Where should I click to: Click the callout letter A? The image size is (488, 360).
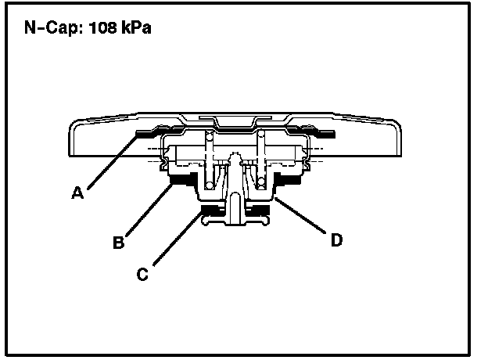tap(77, 193)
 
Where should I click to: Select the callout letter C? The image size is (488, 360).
tap(142, 274)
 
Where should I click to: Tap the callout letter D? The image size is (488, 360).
tap(335, 240)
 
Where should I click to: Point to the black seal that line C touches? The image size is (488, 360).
tap(210, 209)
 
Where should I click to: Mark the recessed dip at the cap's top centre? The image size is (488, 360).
tap(235, 122)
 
